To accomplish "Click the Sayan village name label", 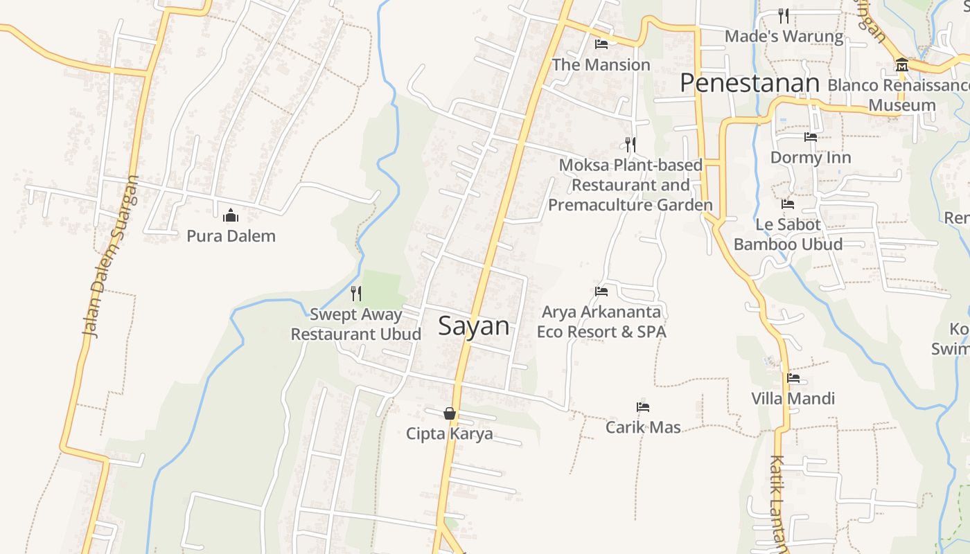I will tap(474, 326).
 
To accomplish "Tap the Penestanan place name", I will tap(750, 83).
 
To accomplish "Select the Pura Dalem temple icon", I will tap(231, 216).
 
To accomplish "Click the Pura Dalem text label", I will tap(231, 236).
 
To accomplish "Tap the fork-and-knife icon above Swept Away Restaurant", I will tap(356, 294).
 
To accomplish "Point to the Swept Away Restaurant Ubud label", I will tap(355, 324).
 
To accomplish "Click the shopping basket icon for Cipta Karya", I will tap(450, 413).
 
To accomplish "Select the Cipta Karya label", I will tap(450, 434).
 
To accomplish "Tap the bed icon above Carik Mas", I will tap(643, 407).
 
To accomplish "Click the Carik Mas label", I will tap(643, 427).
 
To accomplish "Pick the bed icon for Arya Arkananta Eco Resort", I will tap(601, 292).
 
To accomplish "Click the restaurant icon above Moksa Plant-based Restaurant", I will tap(630, 144).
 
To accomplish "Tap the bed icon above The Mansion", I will tap(601, 44).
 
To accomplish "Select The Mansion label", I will tap(601, 65).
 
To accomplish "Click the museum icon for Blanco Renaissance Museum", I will tap(902, 65).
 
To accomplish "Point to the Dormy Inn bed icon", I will tap(811, 137).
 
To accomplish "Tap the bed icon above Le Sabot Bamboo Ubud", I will tap(788, 204).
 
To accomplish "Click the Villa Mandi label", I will tap(793, 399).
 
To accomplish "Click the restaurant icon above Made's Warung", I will tap(784, 15).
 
